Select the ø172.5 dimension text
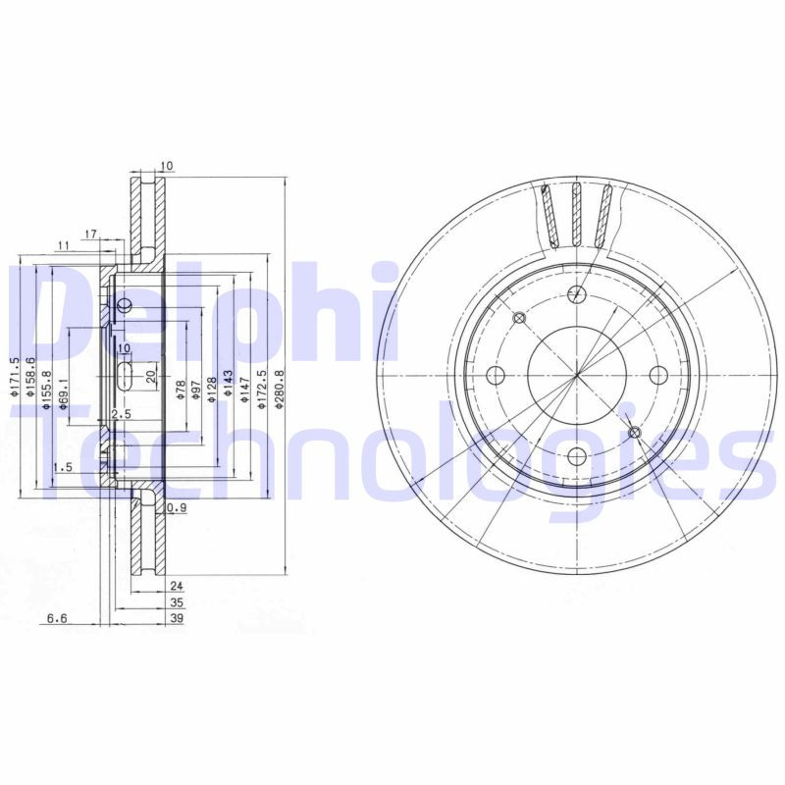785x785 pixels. click(x=262, y=388)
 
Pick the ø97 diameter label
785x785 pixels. click(x=195, y=388)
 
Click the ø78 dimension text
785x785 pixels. click(x=180, y=388)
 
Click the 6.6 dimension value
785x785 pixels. click(x=57, y=619)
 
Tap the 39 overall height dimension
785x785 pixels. click(x=178, y=619)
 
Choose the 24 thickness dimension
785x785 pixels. click(x=178, y=585)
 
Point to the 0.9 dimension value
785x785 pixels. click(x=177, y=507)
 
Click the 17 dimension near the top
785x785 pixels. click(x=90, y=235)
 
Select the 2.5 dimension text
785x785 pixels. click(x=121, y=415)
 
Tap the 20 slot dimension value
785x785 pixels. click(x=151, y=376)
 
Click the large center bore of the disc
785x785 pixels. click(x=576, y=378)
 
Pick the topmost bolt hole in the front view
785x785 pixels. click(x=577, y=292)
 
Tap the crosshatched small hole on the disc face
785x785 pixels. click(x=634, y=432)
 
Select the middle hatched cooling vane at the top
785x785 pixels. click(x=577, y=214)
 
